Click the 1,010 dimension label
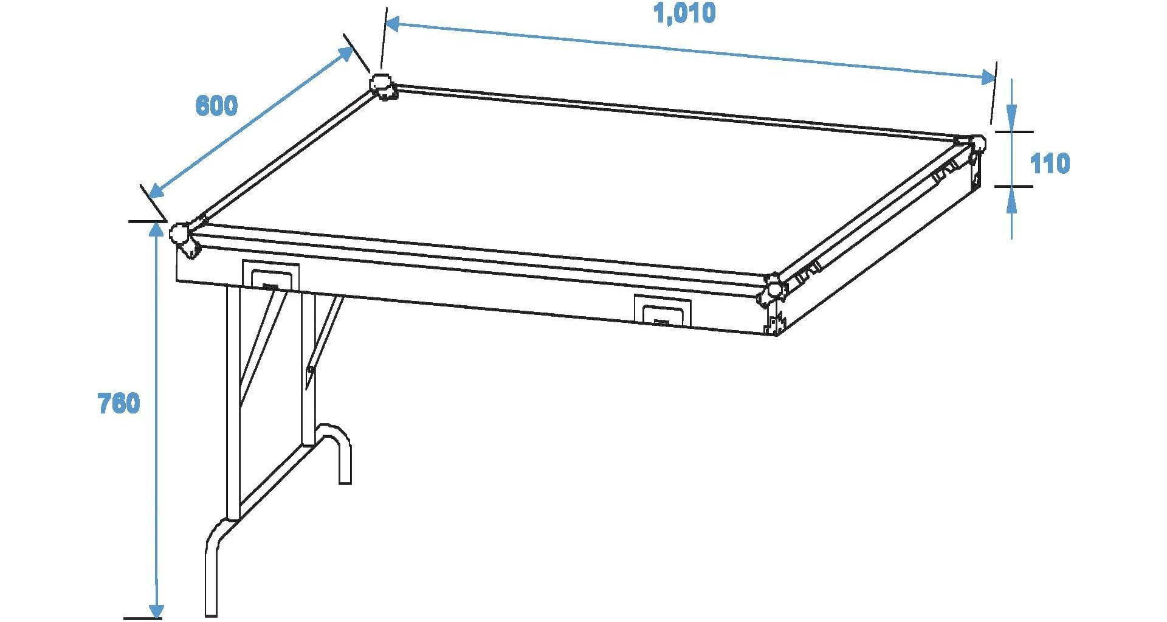684,13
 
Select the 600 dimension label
216,106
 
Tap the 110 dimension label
1050,164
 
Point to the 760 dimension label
119,403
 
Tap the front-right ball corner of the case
773,288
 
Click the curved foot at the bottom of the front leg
218,565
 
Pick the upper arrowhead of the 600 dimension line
346,53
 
